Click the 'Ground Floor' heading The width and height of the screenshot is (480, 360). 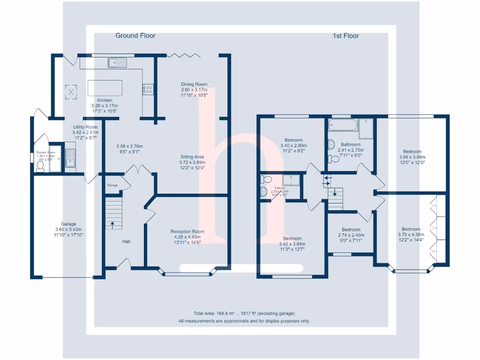[135, 36]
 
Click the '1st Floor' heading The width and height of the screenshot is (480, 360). [346, 36]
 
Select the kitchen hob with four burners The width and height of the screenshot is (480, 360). [148, 89]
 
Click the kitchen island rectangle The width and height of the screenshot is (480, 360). [105, 88]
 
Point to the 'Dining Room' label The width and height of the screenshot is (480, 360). [194, 84]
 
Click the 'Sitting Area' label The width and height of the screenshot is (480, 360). [194, 157]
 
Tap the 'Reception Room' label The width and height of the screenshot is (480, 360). [187, 232]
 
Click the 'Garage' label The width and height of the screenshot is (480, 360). [68, 224]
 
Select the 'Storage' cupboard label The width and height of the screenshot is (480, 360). [112, 186]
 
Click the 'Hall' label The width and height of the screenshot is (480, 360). [126, 242]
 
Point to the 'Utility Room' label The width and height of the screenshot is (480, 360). [85, 127]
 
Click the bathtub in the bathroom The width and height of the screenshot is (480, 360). [342, 125]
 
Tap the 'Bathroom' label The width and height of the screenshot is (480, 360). [351, 145]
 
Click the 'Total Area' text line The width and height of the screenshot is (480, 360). [244, 314]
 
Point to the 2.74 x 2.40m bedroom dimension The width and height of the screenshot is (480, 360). [351, 235]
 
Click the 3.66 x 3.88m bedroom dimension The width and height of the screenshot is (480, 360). [412, 157]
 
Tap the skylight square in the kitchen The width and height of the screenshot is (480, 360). [71, 91]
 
